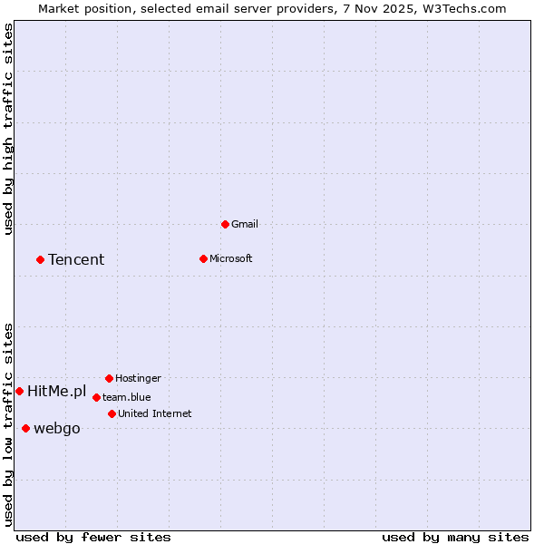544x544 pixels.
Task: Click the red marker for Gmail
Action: (225, 224)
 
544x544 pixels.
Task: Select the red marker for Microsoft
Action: (203, 258)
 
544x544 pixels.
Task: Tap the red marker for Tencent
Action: (40, 259)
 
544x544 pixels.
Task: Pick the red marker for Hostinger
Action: (109, 378)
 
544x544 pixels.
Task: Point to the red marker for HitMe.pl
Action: (19, 391)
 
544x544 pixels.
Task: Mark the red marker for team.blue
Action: (96, 397)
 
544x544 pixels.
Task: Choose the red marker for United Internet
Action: (112, 413)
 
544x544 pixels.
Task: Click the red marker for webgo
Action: (25, 428)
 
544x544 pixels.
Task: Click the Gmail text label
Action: (245, 224)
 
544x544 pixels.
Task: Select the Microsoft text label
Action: (230, 258)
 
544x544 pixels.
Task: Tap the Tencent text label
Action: (76, 260)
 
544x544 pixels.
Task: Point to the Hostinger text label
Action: (138, 378)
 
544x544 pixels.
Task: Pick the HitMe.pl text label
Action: (56, 392)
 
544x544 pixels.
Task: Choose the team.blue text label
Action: (126, 397)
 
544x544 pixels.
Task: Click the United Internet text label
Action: (154, 413)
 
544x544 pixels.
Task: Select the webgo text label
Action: (56, 429)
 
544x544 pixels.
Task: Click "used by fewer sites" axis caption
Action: (93, 537)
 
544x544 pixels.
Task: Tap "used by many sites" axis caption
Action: (455, 537)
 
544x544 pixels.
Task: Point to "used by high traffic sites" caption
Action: (8, 129)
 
